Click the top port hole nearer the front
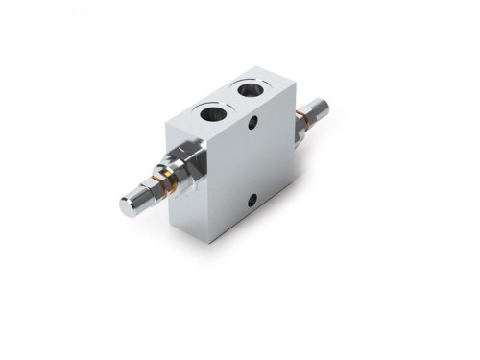point(213,112)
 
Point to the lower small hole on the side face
point(252,200)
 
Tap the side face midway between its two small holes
point(252,162)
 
